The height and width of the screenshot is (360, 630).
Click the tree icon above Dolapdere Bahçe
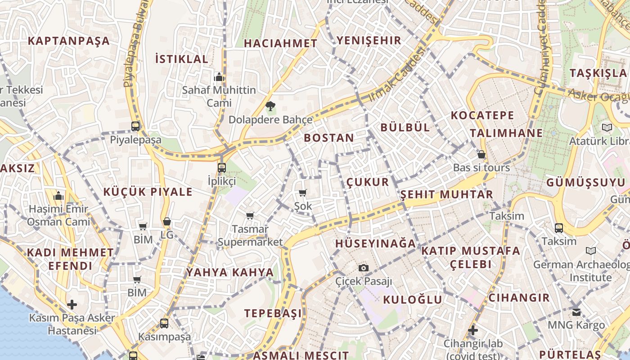[x=270, y=107]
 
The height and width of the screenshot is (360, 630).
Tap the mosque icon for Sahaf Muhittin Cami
[x=219, y=77]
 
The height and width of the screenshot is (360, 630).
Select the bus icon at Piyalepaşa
[x=135, y=126]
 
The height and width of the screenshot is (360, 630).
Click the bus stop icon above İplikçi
[x=221, y=168]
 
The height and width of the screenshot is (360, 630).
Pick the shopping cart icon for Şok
[x=303, y=193]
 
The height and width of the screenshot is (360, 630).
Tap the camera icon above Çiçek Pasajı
[x=364, y=268]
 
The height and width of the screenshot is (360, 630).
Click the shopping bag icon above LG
[x=167, y=222]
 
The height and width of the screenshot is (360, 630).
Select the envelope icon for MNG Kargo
[x=576, y=312]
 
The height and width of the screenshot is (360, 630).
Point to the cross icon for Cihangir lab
[x=472, y=330]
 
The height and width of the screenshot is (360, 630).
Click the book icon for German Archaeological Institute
[x=591, y=251]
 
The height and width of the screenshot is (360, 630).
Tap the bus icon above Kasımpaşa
[x=164, y=324]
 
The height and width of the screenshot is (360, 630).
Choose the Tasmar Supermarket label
[x=250, y=235]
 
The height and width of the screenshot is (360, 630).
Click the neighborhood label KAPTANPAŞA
[x=69, y=41]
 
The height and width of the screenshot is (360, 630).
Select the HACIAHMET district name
[x=280, y=43]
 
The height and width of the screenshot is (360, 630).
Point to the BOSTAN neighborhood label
[x=329, y=138]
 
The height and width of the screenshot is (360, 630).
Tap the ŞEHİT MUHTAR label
[x=447, y=194]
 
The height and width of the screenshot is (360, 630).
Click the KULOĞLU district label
[x=413, y=300]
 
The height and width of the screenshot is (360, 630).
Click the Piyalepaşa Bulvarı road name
[x=134, y=43]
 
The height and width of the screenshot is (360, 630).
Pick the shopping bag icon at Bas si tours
[x=481, y=155]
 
